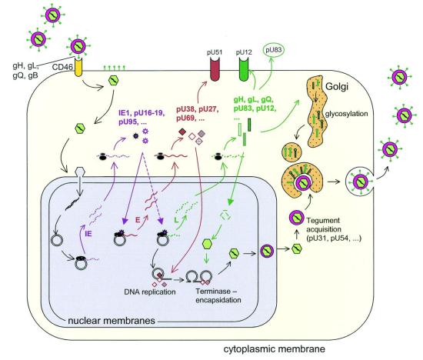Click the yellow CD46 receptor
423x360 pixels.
click(x=78, y=67)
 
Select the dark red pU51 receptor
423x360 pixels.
click(x=215, y=70)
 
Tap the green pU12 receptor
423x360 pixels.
click(x=244, y=70)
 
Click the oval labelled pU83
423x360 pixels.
click(x=274, y=50)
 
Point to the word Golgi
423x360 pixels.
click(x=337, y=86)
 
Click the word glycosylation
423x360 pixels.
click(x=346, y=114)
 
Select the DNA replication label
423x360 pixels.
click(x=150, y=292)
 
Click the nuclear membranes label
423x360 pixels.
click(x=112, y=321)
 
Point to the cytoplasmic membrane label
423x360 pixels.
click(x=274, y=349)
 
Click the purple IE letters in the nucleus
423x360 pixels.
click(x=88, y=234)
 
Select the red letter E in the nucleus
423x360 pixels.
click(x=138, y=220)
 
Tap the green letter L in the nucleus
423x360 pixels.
click(x=176, y=220)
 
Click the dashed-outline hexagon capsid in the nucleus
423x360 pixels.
click(x=225, y=215)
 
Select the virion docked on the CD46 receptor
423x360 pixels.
click(x=78, y=46)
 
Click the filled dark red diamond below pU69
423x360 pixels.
click(x=182, y=132)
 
